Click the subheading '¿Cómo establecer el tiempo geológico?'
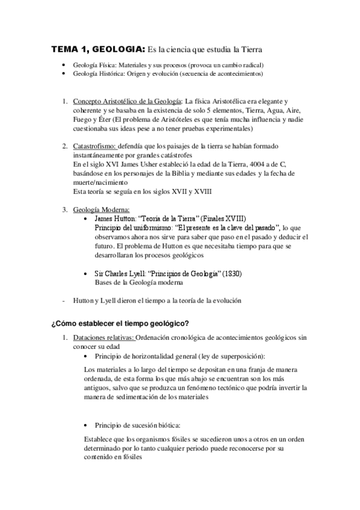click(121, 324)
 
